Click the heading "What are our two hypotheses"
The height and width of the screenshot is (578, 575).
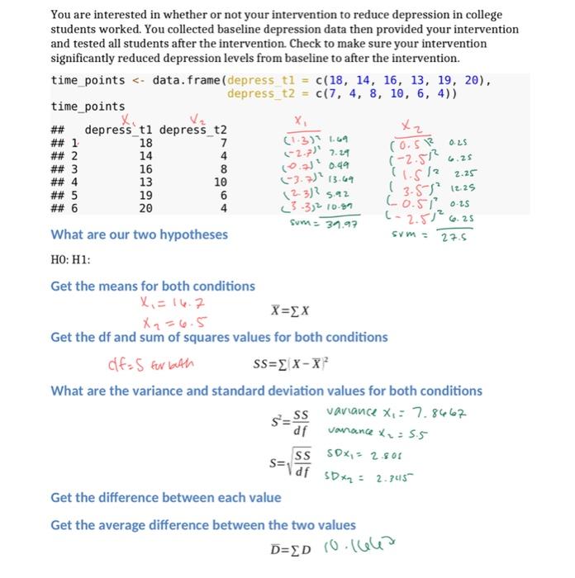point(140,235)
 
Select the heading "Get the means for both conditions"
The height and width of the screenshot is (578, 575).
point(153,286)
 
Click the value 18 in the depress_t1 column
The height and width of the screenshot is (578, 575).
point(145,144)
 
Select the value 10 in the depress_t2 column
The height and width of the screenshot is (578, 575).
point(220,182)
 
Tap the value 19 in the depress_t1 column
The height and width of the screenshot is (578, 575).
point(145,196)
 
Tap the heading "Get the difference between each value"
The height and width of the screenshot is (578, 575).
point(165,497)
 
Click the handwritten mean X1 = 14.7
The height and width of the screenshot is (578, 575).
point(165,303)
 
